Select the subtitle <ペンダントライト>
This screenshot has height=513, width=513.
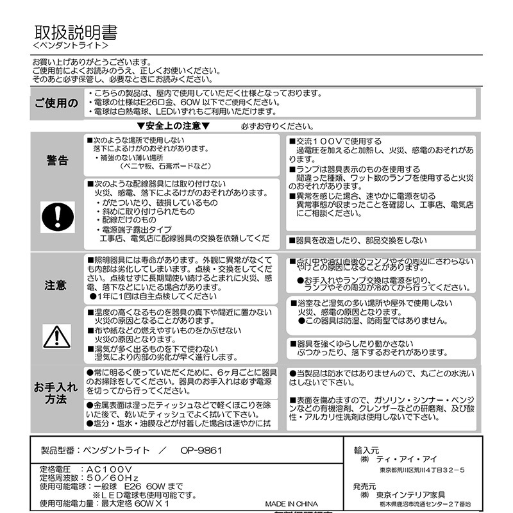click(x=70, y=47)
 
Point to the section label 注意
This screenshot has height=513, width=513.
click(x=56, y=285)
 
